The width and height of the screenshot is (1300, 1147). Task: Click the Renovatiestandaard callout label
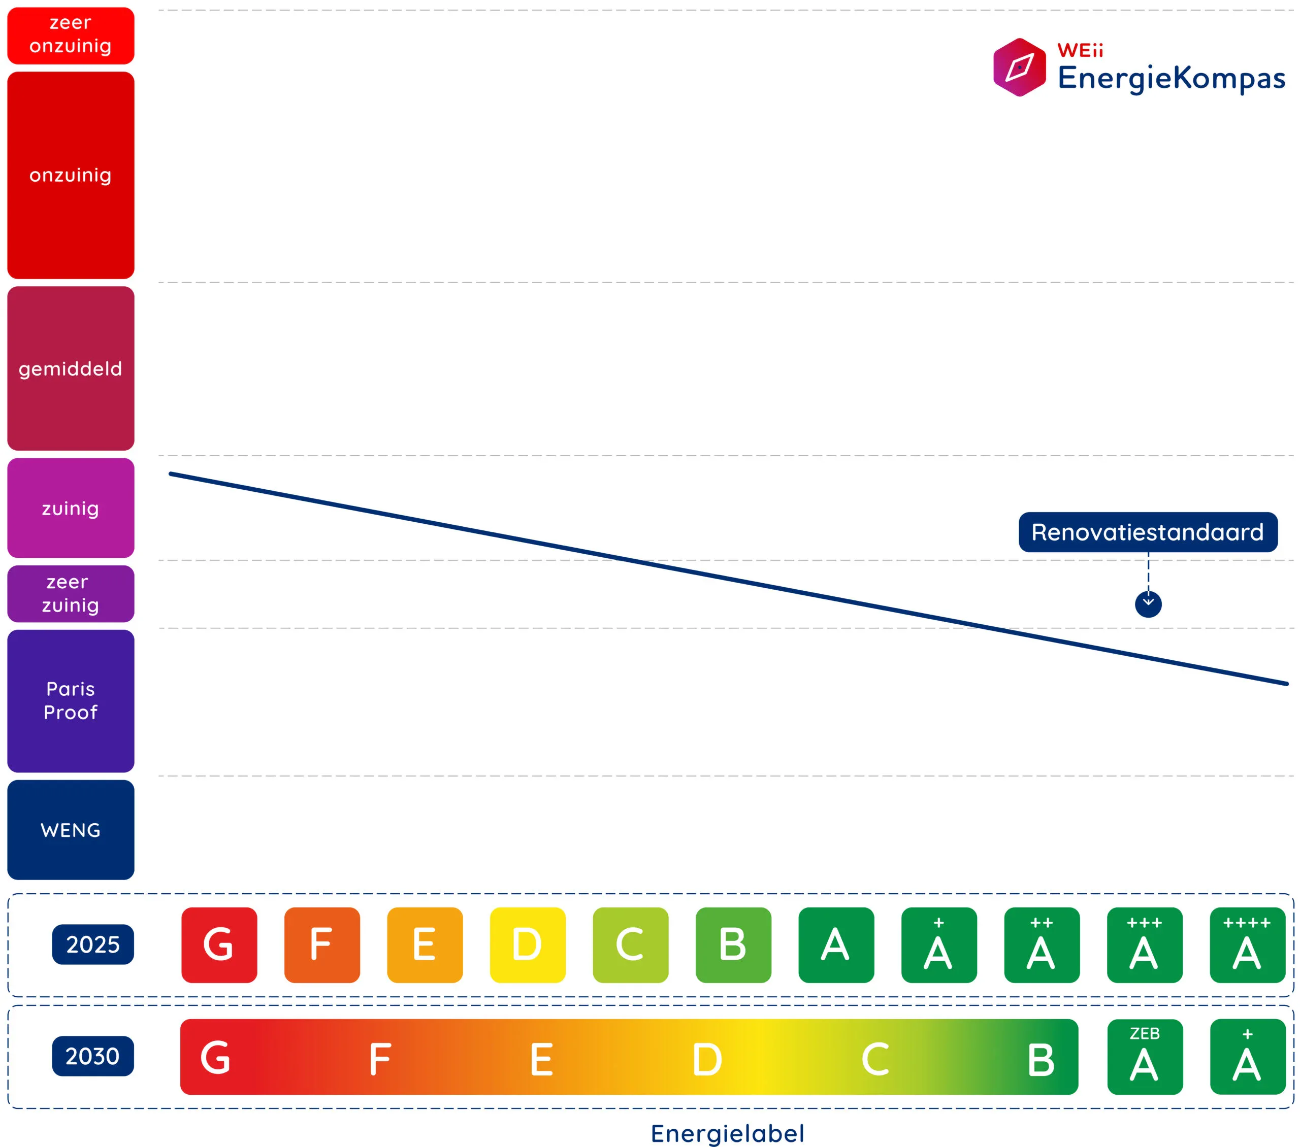point(1147,532)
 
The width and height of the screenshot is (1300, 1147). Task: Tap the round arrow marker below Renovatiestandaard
point(1148,604)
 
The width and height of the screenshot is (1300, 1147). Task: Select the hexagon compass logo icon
point(1019,68)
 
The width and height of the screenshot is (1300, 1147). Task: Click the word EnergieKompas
point(1171,79)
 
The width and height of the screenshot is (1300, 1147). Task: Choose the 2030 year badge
point(93,1056)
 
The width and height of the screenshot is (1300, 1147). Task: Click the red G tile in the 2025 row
point(219,945)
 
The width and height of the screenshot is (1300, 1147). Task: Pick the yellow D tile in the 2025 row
point(527,945)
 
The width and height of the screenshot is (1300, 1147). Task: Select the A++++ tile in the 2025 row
point(1247,945)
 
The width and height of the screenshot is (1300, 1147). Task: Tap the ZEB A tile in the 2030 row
point(1144,1057)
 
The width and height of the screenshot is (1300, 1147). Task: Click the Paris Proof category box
point(71,701)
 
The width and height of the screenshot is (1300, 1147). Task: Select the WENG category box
point(71,830)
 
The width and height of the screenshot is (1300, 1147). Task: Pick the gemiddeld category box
point(71,369)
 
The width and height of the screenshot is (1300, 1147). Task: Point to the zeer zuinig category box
point(71,594)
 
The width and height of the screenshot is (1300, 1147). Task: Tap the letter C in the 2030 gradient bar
point(875,1059)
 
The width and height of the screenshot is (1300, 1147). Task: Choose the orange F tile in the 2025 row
point(322,945)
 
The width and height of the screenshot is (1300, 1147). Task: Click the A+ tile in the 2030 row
point(1247,1057)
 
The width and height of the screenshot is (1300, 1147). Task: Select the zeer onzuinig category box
point(71,35)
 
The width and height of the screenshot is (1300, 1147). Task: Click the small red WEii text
point(1080,50)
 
